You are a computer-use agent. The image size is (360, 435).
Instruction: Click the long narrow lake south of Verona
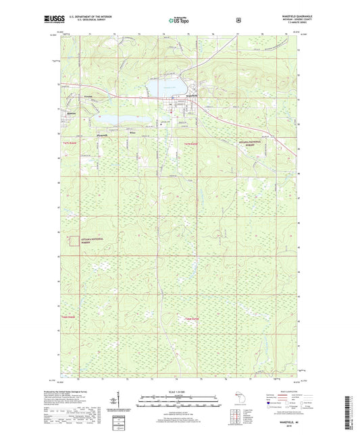pos(122,119)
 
